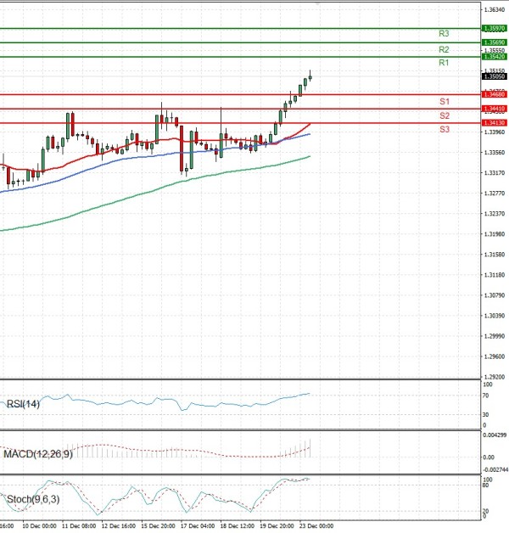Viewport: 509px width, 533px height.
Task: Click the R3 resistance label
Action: coord(444,33)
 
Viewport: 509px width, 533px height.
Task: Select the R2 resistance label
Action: coord(444,49)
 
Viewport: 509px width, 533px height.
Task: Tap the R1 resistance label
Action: coord(444,63)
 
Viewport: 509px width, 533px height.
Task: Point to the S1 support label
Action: coord(444,101)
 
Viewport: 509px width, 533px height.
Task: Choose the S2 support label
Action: coord(444,115)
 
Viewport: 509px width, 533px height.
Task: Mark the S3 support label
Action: coord(444,128)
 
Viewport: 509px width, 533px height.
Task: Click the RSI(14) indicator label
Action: coord(22,403)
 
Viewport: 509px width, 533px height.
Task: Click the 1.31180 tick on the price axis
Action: coord(493,275)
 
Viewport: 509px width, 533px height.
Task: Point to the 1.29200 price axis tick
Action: coord(493,377)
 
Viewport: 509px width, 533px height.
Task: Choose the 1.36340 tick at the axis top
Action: coord(493,10)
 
